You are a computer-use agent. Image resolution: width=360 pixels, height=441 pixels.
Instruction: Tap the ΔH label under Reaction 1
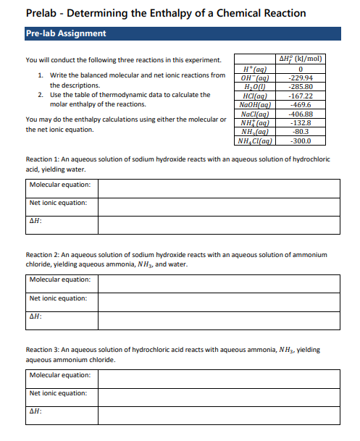[35, 223]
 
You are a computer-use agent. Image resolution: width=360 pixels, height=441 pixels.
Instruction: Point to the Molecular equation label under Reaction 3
[60, 376]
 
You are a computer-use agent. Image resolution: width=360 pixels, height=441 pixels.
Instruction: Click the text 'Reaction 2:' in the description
[43, 255]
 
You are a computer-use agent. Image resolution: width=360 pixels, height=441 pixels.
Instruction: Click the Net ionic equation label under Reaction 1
[59, 203]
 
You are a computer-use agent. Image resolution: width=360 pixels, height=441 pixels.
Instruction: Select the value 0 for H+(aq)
[300, 69]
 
